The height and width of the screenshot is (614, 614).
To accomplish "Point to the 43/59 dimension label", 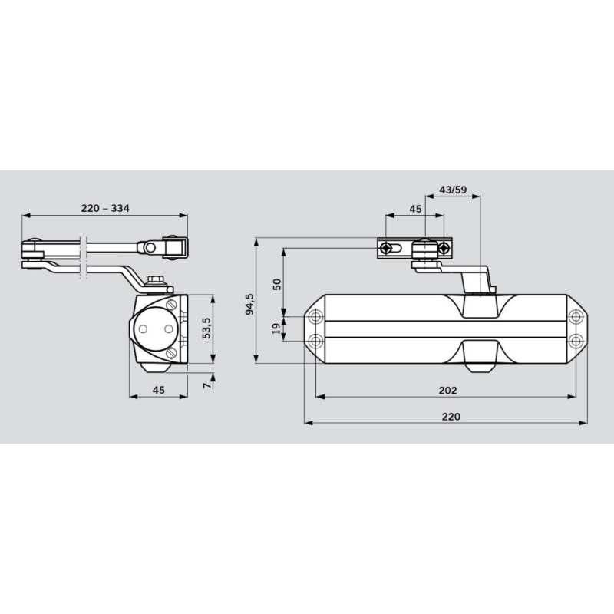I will tap(451, 190).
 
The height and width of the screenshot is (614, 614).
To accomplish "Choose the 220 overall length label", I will tap(451, 416).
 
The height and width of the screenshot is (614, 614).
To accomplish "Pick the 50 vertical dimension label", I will tap(276, 283).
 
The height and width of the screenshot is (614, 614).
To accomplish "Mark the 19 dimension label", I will tap(276, 328).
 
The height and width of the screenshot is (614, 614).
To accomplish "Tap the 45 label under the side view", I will tap(158, 390).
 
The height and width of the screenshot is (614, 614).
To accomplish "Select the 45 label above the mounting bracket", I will tap(414, 209).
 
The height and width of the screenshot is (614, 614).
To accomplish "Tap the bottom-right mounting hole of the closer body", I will tap(576, 340).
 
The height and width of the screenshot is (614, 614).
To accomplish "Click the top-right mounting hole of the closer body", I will tap(576, 315).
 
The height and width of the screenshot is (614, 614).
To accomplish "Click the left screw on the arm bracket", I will tap(389, 248).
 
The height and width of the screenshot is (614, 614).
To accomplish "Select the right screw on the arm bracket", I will tap(443, 248).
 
